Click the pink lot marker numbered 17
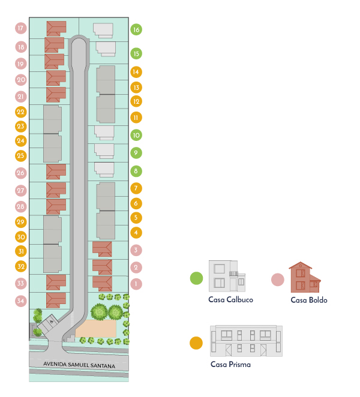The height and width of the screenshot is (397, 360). click(x=21, y=28)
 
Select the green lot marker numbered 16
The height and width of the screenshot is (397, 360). click(x=136, y=29)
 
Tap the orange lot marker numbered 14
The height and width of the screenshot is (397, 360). click(x=136, y=72)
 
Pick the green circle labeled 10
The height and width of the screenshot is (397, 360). click(x=136, y=135)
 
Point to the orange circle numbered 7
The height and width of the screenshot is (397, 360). click(x=136, y=188)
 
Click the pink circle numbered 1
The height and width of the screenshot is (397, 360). click(x=136, y=284)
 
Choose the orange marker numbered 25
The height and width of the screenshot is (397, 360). click(x=21, y=155)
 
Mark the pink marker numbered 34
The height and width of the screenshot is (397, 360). click(x=21, y=301)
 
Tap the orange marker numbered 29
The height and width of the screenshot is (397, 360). click(x=21, y=222)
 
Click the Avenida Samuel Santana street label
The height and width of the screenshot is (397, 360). click(x=79, y=365)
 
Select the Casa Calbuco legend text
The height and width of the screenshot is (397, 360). click(x=230, y=300)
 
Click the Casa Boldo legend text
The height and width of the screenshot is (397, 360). click(x=309, y=300)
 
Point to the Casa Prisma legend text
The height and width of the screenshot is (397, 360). click(x=230, y=365)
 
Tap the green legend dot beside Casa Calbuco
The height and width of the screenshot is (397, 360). click(x=197, y=278)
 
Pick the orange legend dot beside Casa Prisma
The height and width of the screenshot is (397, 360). click(x=196, y=343)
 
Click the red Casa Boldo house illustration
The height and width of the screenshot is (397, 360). click(x=305, y=277)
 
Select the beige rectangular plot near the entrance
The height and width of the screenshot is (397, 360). click(x=96, y=329)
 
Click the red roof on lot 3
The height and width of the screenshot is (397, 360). click(x=102, y=249)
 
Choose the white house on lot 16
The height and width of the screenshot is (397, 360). click(x=103, y=31)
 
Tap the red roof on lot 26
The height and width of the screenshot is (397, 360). click(x=56, y=172)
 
